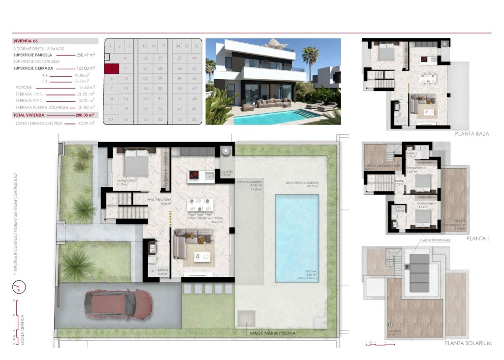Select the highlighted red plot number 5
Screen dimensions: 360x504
[112, 69]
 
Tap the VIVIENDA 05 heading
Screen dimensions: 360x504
[26, 41]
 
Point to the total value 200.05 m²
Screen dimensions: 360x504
[85, 115]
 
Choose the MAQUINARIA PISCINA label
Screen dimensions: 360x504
[273, 333]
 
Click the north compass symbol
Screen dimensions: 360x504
[18, 286]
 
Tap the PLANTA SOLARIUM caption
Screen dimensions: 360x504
[468, 343]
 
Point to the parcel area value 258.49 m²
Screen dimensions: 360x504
[85, 55]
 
